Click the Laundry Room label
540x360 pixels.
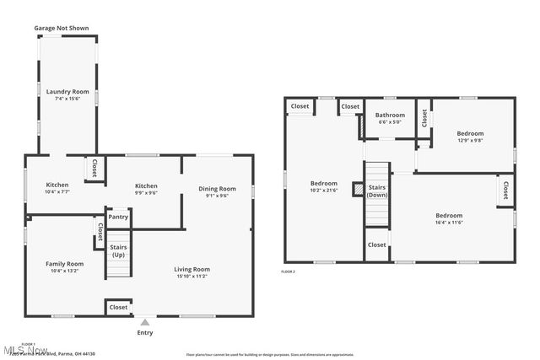(x=67, y=91)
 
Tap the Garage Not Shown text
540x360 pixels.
(x=61, y=28)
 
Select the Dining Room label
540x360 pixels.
(x=217, y=188)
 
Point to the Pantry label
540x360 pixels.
(x=118, y=217)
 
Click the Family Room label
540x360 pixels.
(x=64, y=264)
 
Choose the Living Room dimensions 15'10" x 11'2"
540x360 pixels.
(x=192, y=276)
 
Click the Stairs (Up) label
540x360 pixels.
(x=118, y=251)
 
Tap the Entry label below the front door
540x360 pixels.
(x=145, y=333)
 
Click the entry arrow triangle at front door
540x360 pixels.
(x=145, y=321)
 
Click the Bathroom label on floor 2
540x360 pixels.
(x=390, y=116)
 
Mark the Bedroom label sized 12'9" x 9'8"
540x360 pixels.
(x=470, y=133)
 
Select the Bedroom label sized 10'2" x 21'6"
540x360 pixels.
(x=324, y=183)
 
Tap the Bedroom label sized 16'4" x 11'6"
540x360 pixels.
(x=449, y=215)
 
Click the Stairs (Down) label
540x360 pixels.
(x=377, y=191)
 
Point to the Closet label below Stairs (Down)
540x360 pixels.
(x=376, y=244)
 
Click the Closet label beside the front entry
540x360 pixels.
(x=118, y=308)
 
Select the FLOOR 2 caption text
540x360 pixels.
(x=289, y=271)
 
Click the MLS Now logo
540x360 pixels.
(x=19, y=348)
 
